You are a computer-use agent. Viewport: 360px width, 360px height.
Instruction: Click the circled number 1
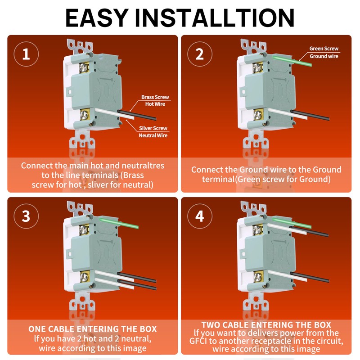pyautogui.click(x=26, y=54)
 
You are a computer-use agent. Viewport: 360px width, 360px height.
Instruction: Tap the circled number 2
pyautogui.click(x=199, y=54)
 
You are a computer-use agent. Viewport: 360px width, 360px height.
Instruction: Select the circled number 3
pyautogui.click(x=26, y=216)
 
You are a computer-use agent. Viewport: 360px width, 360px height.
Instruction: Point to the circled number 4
pyautogui.click(x=199, y=216)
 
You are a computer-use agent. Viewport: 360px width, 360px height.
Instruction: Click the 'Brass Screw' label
pyautogui.click(x=155, y=97)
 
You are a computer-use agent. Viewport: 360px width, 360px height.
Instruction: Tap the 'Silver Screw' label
pyautogui.click(x=153, y=128)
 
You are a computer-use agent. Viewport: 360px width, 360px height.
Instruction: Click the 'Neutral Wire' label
pyautogui.click(x=153, y=135)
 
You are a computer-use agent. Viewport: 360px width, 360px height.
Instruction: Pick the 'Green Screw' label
pyautogui.click(x=324, y=49)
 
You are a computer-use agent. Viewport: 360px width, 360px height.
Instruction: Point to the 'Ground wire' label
pyautogui.click(x=324, y=56)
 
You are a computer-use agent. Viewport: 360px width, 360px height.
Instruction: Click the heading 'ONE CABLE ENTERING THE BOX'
pyautogui.click(x=93, y=329)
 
